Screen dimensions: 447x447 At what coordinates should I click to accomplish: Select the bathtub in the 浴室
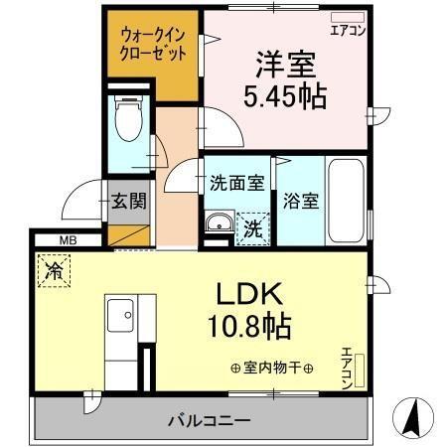347,199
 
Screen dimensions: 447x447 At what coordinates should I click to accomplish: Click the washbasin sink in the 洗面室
218,223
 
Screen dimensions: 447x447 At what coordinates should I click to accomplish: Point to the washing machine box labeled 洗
252,226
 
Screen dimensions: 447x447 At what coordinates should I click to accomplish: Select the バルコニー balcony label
208,419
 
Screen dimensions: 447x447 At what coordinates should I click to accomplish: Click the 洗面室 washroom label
236,184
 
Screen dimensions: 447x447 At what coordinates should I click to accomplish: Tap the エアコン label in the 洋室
347,30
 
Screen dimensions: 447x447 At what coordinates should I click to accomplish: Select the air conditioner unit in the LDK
359,368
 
